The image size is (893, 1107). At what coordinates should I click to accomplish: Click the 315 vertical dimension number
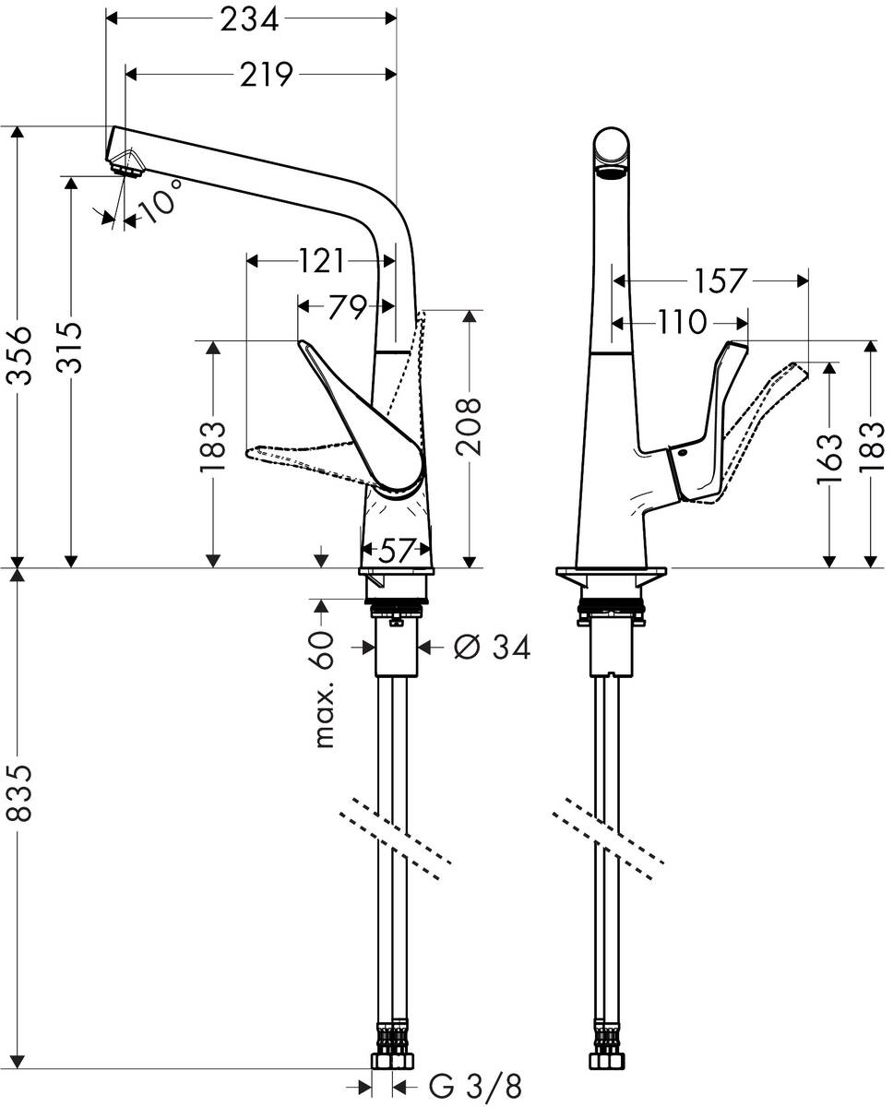(70, 347)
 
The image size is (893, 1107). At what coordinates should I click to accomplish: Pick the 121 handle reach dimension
(320, 262)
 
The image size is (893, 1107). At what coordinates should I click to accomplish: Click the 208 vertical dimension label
(471, 426)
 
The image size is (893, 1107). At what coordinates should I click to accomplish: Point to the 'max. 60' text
(323, 690)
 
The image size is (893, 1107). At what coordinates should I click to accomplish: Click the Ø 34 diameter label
(493, 649)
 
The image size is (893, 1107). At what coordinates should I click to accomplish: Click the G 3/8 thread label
(469, 1086)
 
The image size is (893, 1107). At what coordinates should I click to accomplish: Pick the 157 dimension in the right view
(719, 280)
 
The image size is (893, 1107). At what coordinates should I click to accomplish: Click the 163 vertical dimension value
(830, 458)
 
